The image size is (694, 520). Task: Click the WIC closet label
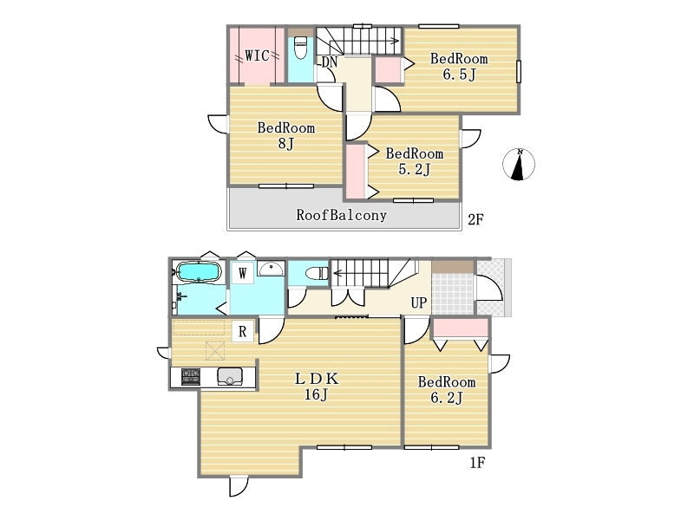pyautogui.click(x=257, y=55)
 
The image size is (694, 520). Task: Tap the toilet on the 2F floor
pyautogui.click(x=300, y=48)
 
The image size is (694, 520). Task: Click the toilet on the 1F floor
pyautogui.click(x=317, y=273)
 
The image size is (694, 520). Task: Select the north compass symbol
pyautogui.click(x=519, y=165)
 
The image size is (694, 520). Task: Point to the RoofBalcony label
pyautogui.click(x=341, y=215)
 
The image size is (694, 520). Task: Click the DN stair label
pyautogui.click(x=330, y=62)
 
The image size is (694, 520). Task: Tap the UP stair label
pyautogui.click(x=419, y=302)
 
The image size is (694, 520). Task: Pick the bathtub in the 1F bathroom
pyautogui.click(x=199, y=271)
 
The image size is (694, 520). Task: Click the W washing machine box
pyautogui.click(x=243, y=273)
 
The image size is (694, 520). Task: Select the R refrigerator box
pyautogui.click(x=243, y=331)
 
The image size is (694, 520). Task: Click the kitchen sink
pyautogui.click(x=230, y=377)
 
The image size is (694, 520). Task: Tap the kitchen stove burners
pyautogui.click(x=191, y=377)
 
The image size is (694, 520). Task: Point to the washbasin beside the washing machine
pyautogui.click(x=271, y=269)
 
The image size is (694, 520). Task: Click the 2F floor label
pyautogui.click(x=475, y=219)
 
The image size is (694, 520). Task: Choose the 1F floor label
pyautogui.click(x=478, y=463)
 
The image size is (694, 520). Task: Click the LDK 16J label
pyautogui.click(x=317, y=386)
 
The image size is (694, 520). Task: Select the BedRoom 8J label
pyautogui.click(x=286, y=136)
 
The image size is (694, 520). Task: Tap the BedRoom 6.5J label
pyautogui.click(x=459, y=67)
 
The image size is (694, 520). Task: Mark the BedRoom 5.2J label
pyautogui.click(x=415, y=161)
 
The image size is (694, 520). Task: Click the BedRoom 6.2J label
pyautogui.click(x=447, y=389)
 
